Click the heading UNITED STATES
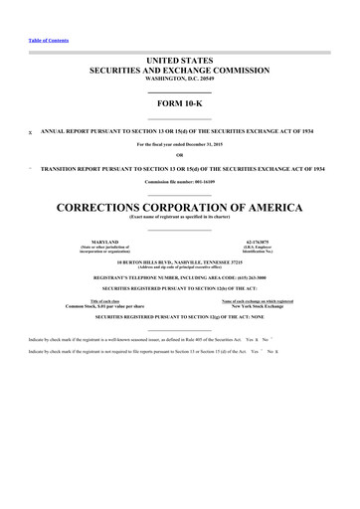[180, 62]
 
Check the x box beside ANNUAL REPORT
[31, 130]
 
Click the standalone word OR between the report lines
[180, 154]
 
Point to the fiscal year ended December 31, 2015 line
[180, 143]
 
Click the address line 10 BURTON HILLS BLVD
[180, 262]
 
